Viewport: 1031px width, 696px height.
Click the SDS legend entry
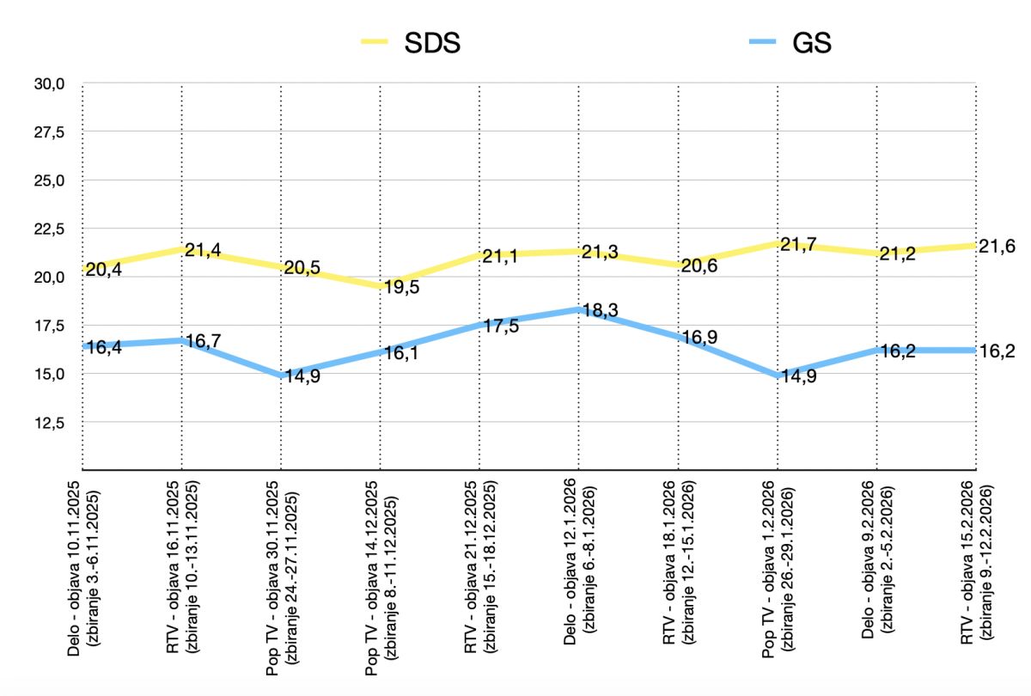click(x=432, y=44)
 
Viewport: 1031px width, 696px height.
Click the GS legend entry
click(x=810, y=44)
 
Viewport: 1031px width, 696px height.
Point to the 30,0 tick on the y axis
click(x=50, y=84)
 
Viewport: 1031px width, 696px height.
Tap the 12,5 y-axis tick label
click(x=50, y=423)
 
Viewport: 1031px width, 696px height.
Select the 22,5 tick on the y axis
click(x=50, y=229)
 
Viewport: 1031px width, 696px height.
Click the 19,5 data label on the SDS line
click(x=402, y=287)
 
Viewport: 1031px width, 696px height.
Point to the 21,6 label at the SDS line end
click(x=997, y=247)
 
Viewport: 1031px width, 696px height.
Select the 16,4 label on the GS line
click(x=102, y=348)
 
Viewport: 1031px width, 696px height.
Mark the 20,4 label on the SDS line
click(x=102, y=269)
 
